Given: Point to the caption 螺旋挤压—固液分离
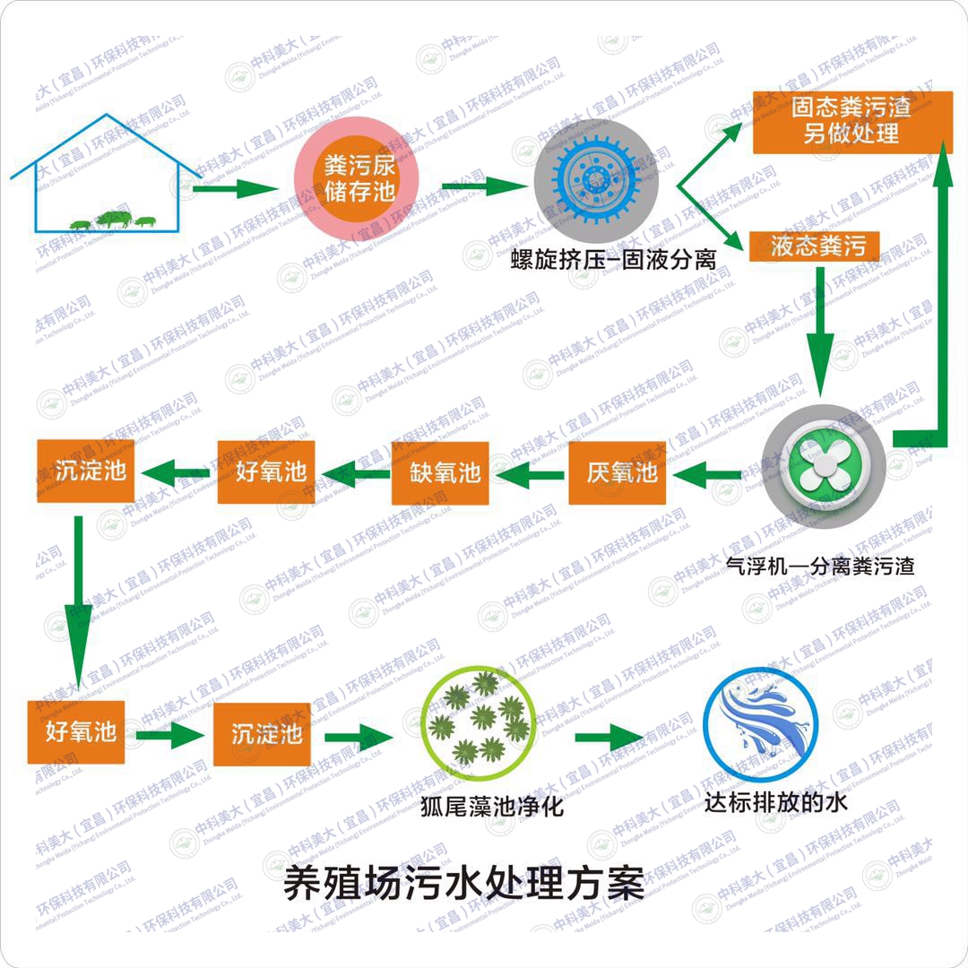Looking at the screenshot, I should [x=613, y=260].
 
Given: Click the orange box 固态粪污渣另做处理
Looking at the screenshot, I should [x=851, y=121].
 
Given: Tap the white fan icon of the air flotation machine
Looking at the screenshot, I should [x=825, y=468].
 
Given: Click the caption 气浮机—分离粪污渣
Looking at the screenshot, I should [x=819, y=566].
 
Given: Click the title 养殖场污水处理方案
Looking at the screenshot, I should [x=464, y=882].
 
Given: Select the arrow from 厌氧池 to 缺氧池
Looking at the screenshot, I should [x=529, y=472].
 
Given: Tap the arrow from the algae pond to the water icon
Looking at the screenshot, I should [x=609, y=737].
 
